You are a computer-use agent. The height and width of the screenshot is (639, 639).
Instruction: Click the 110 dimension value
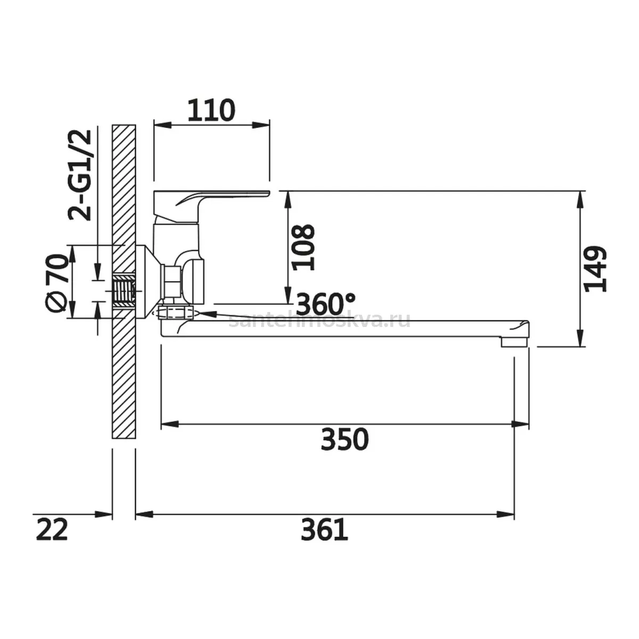coord(211,110)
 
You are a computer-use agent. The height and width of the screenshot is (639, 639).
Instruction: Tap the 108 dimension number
coord(303,247)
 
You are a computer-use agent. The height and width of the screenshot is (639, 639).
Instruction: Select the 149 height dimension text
coord(595,268)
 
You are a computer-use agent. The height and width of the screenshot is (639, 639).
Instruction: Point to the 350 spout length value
coord(345,440)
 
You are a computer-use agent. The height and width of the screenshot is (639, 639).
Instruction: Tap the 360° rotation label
coord(325,304)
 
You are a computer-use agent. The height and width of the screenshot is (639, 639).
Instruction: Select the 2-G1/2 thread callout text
coord(80,175)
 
